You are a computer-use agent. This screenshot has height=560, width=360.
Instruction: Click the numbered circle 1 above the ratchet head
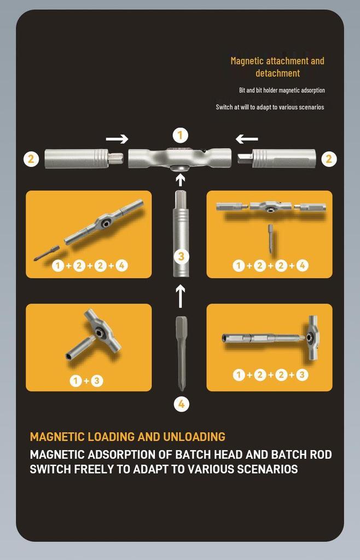(181, 136)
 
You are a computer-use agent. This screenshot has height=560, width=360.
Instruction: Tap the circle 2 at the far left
(31, 159)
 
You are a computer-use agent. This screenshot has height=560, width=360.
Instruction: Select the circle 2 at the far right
(329, 159)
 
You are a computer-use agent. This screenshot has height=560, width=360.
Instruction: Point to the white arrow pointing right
(117, 138)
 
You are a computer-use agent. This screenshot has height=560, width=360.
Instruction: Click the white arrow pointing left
(247, 138)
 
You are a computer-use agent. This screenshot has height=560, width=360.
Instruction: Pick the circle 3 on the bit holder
(181, 256)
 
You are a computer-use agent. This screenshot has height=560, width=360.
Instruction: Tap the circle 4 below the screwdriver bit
(182, 404)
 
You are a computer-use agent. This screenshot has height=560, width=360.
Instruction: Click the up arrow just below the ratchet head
(181, 179)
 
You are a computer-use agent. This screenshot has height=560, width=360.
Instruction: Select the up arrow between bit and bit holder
(181, 296)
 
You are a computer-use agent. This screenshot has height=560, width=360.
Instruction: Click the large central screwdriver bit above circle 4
(182, 353)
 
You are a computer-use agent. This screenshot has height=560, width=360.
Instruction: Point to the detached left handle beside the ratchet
(84, 159)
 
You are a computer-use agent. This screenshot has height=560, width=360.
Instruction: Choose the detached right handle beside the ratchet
(277, 159)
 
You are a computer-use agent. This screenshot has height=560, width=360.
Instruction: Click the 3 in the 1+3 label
(96, 381)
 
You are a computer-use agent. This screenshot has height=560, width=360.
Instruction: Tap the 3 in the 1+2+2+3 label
(302, 375)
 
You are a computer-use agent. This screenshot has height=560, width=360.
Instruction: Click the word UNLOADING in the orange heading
(194, 436)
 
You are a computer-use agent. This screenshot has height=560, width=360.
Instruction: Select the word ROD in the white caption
(319, 454)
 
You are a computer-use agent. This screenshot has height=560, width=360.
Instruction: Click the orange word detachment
(277, 73)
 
